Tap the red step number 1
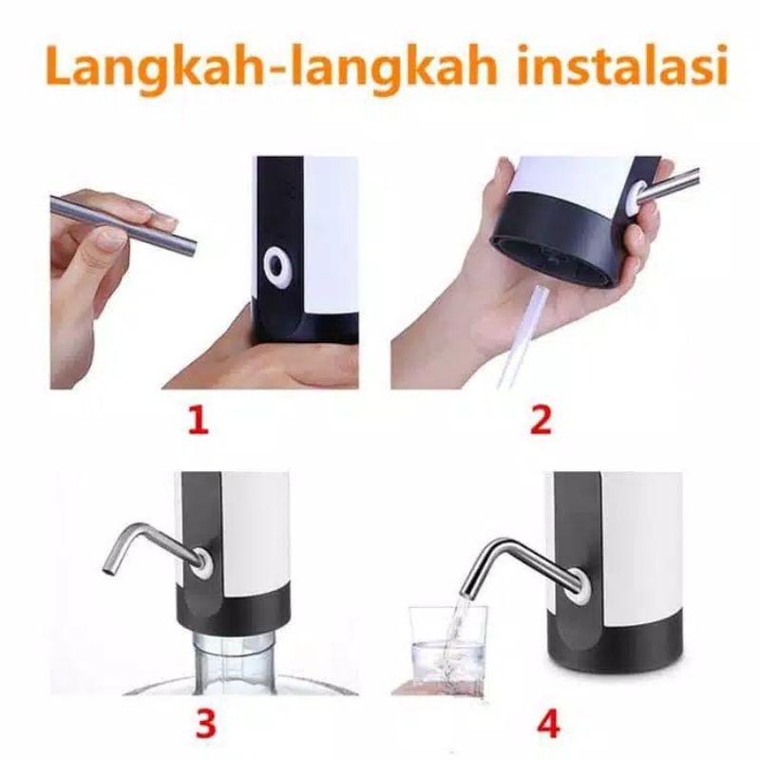point(197,419)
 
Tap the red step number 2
point(540,419)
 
